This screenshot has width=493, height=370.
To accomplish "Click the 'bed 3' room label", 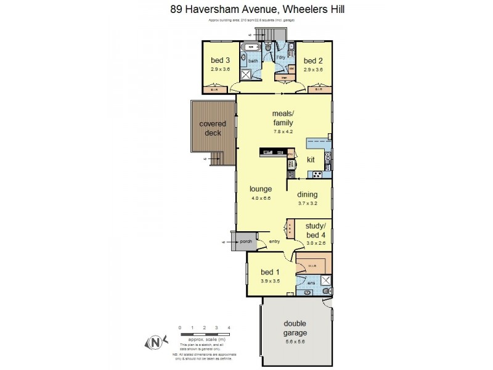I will pos(220,60).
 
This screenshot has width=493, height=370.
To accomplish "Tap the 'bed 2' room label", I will pos(313,60).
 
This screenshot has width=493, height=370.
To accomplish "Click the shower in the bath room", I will pos(246,75).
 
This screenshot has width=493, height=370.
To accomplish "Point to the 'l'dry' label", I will pos(280,57).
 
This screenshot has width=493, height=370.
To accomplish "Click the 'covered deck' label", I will pos(213,128).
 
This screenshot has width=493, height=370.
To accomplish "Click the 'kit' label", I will pos(311,160).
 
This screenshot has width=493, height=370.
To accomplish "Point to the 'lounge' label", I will pos(261,189).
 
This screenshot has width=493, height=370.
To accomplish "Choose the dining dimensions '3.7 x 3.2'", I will pos(308,203).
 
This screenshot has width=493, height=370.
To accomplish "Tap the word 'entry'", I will pos(275,241).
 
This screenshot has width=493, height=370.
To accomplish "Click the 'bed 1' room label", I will pos(270,272).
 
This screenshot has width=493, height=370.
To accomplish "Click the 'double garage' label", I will pos(295,329).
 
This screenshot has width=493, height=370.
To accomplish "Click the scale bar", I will pos(204,334).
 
